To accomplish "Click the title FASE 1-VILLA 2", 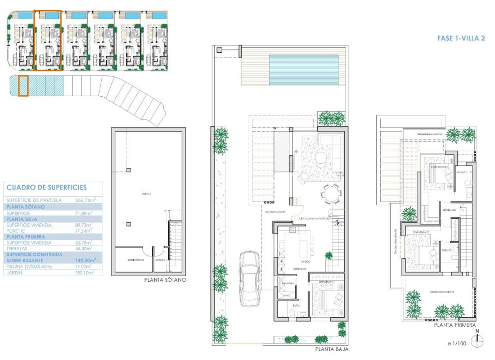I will click(461, 39).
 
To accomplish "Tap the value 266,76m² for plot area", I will click(85, 200).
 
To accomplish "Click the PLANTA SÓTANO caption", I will click(165, 280).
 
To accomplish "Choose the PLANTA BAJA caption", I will click(332, 349).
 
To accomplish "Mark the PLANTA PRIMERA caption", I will click(454, 325).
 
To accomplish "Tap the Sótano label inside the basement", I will click(147, 194).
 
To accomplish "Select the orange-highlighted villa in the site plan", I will click(48, 40).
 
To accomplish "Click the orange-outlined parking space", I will click(23, 85).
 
